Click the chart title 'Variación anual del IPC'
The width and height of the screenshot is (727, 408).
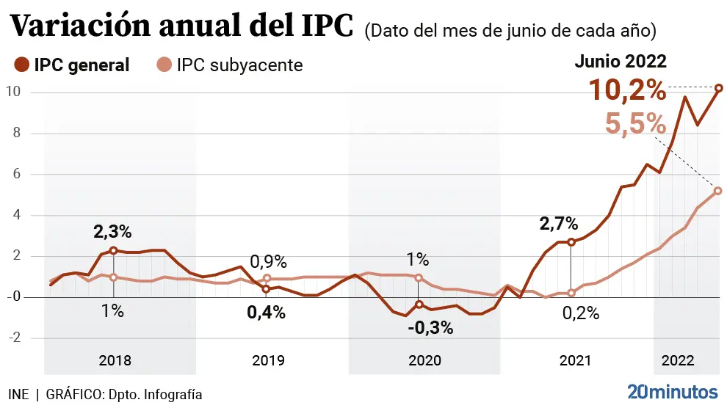184,28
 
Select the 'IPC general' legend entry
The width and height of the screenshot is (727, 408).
73,65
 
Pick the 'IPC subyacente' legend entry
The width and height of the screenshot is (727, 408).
231,65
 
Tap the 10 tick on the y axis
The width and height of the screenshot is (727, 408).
12,92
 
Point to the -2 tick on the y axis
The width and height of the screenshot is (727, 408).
12,338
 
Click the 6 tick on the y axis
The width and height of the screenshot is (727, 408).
12,174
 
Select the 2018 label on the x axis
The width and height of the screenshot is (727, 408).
115,360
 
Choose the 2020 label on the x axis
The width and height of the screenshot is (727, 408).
424,360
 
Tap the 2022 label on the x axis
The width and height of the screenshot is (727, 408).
679,360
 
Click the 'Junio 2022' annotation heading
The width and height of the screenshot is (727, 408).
621,62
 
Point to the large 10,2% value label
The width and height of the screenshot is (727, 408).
628,91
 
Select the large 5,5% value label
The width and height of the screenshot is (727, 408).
635,123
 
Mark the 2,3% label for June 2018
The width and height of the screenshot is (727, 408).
112,232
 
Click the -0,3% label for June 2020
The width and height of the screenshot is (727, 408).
430,327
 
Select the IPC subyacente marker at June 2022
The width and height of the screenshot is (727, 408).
718,191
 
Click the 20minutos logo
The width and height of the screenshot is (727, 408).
672,390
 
